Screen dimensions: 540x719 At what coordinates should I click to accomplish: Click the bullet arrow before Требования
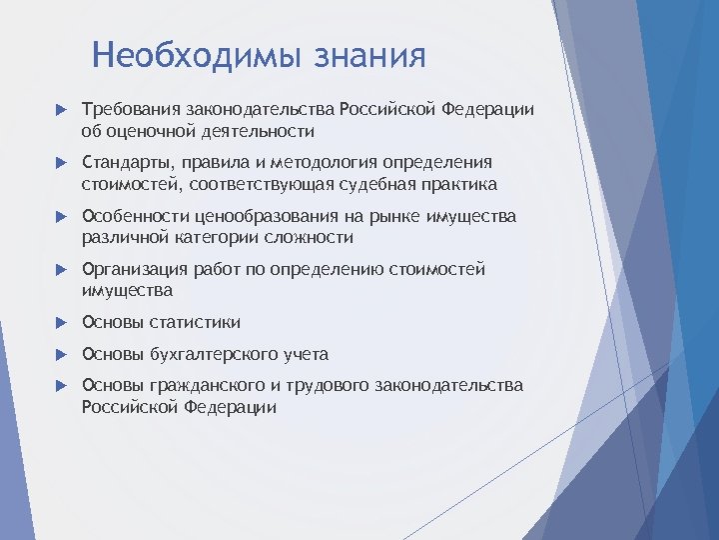point(60,109)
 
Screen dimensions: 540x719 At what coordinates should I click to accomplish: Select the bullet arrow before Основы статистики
point(60,322)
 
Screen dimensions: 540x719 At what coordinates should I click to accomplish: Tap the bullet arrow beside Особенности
point(60,216)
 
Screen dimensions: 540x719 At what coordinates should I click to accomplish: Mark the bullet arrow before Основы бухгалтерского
point(60,354)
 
